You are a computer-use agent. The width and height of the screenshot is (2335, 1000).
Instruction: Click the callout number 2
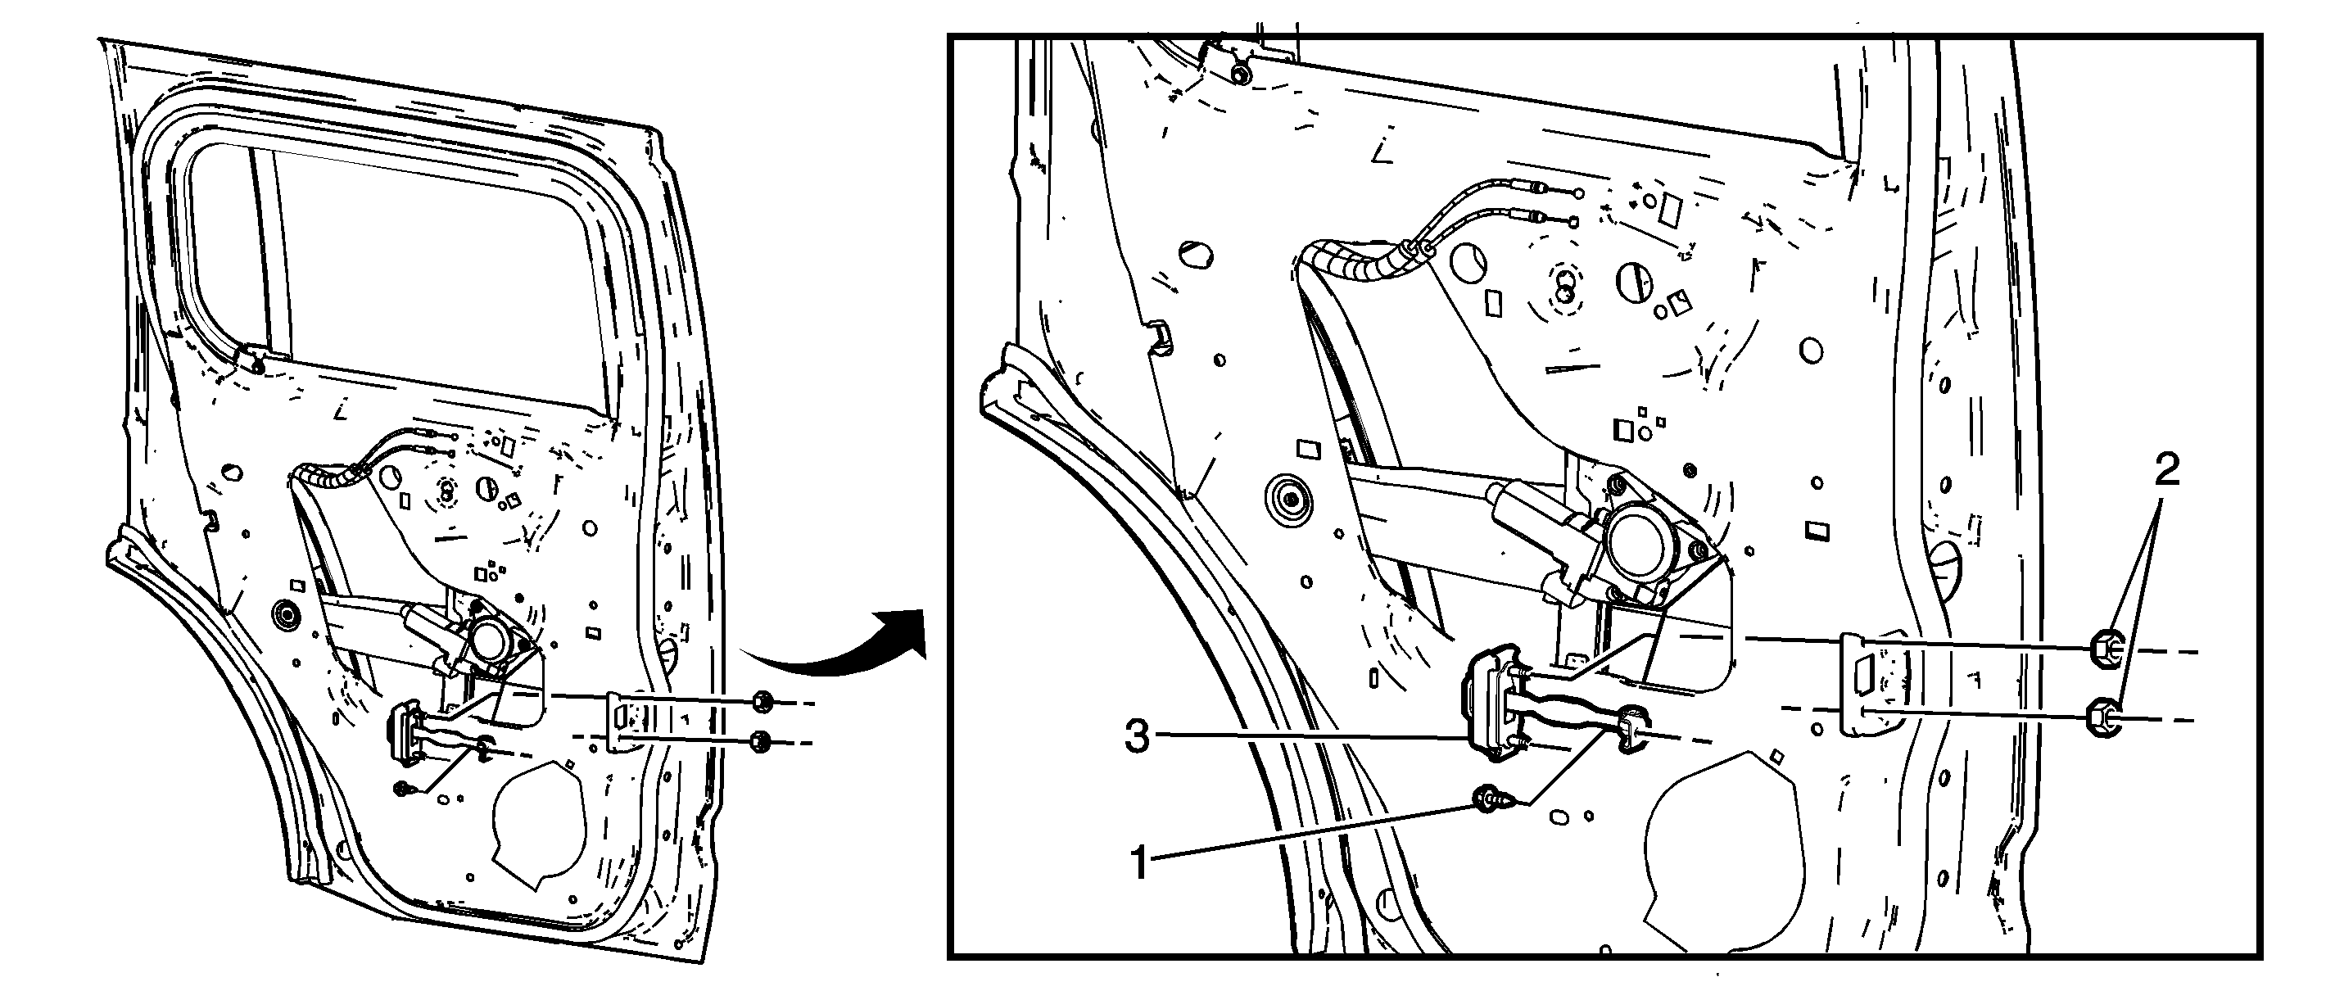point(2166,472)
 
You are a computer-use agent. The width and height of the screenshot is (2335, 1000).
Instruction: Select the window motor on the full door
point(491,640)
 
